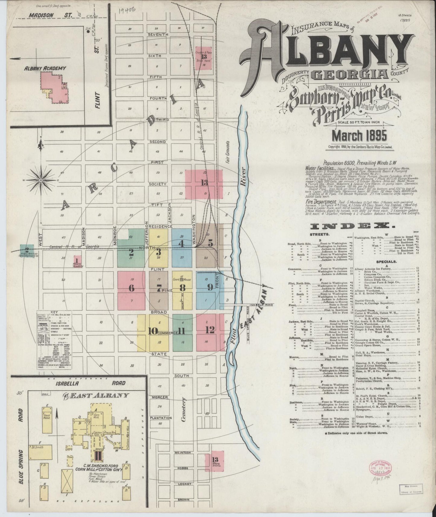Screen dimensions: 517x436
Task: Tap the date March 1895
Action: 359,136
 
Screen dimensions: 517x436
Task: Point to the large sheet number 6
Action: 132,288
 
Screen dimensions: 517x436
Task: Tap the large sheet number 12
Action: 210,330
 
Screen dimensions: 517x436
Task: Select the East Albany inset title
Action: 96,396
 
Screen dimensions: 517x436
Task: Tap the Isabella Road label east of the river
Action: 261,305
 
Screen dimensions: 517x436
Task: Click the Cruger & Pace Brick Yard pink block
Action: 204,58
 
